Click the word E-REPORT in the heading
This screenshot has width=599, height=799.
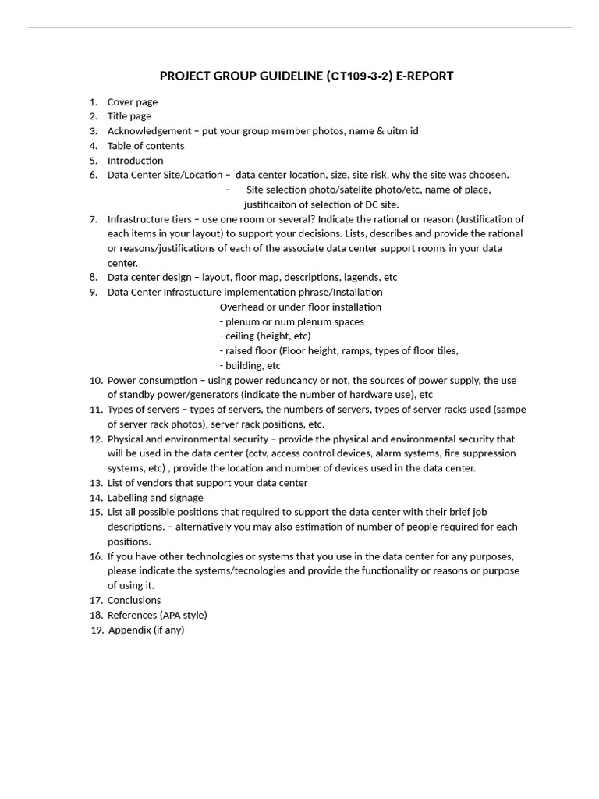(424, 76)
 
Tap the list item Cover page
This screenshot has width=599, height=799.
(133, 102)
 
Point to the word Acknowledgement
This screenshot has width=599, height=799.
(149, 131)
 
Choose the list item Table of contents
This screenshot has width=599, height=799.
(146, 146)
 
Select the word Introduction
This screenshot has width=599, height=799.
(135, 161)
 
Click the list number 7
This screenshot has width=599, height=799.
(93, 219)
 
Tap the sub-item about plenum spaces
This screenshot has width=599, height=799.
(294, 321)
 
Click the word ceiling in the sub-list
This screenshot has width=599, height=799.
(240, 336)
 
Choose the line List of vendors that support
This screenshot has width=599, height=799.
(207, 483)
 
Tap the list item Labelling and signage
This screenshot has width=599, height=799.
(155, 498)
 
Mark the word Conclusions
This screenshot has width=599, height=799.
(134, 600)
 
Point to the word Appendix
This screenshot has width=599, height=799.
(129, 630)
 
